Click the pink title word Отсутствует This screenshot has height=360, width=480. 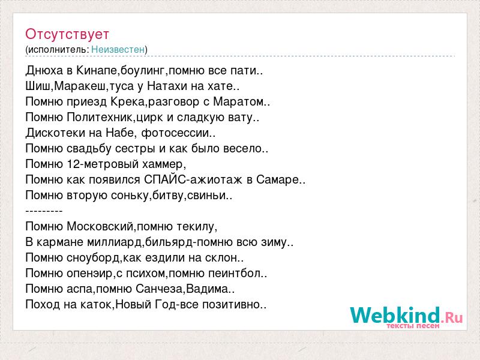pos(67,34)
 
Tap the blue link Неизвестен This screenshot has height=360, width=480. pos(118,49)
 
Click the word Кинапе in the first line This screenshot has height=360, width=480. pos(97,70)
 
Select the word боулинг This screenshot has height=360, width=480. pos(142,71)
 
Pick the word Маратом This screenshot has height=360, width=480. pos(238,101)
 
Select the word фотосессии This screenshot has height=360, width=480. pos(175,133)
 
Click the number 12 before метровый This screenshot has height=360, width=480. pos(73,164)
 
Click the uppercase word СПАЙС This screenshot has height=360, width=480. pos(164,179)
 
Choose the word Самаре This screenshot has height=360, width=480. pos(278,180)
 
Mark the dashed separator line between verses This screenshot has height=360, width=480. pos(44,211)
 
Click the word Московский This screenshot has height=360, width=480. pos(100,227)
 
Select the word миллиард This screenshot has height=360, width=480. pos(115,242)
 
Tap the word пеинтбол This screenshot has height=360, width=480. pos(234,273)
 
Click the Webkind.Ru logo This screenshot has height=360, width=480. pos(406,317)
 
